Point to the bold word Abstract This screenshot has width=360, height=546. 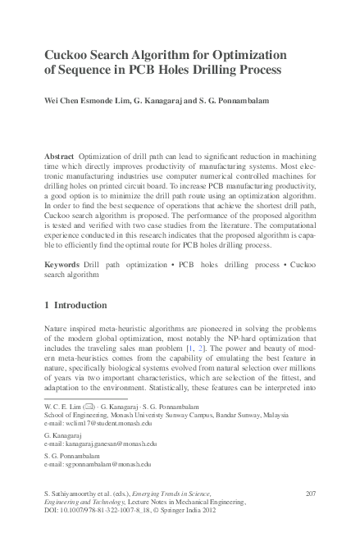(59, 156)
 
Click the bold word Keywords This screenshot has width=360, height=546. (62, 266)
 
